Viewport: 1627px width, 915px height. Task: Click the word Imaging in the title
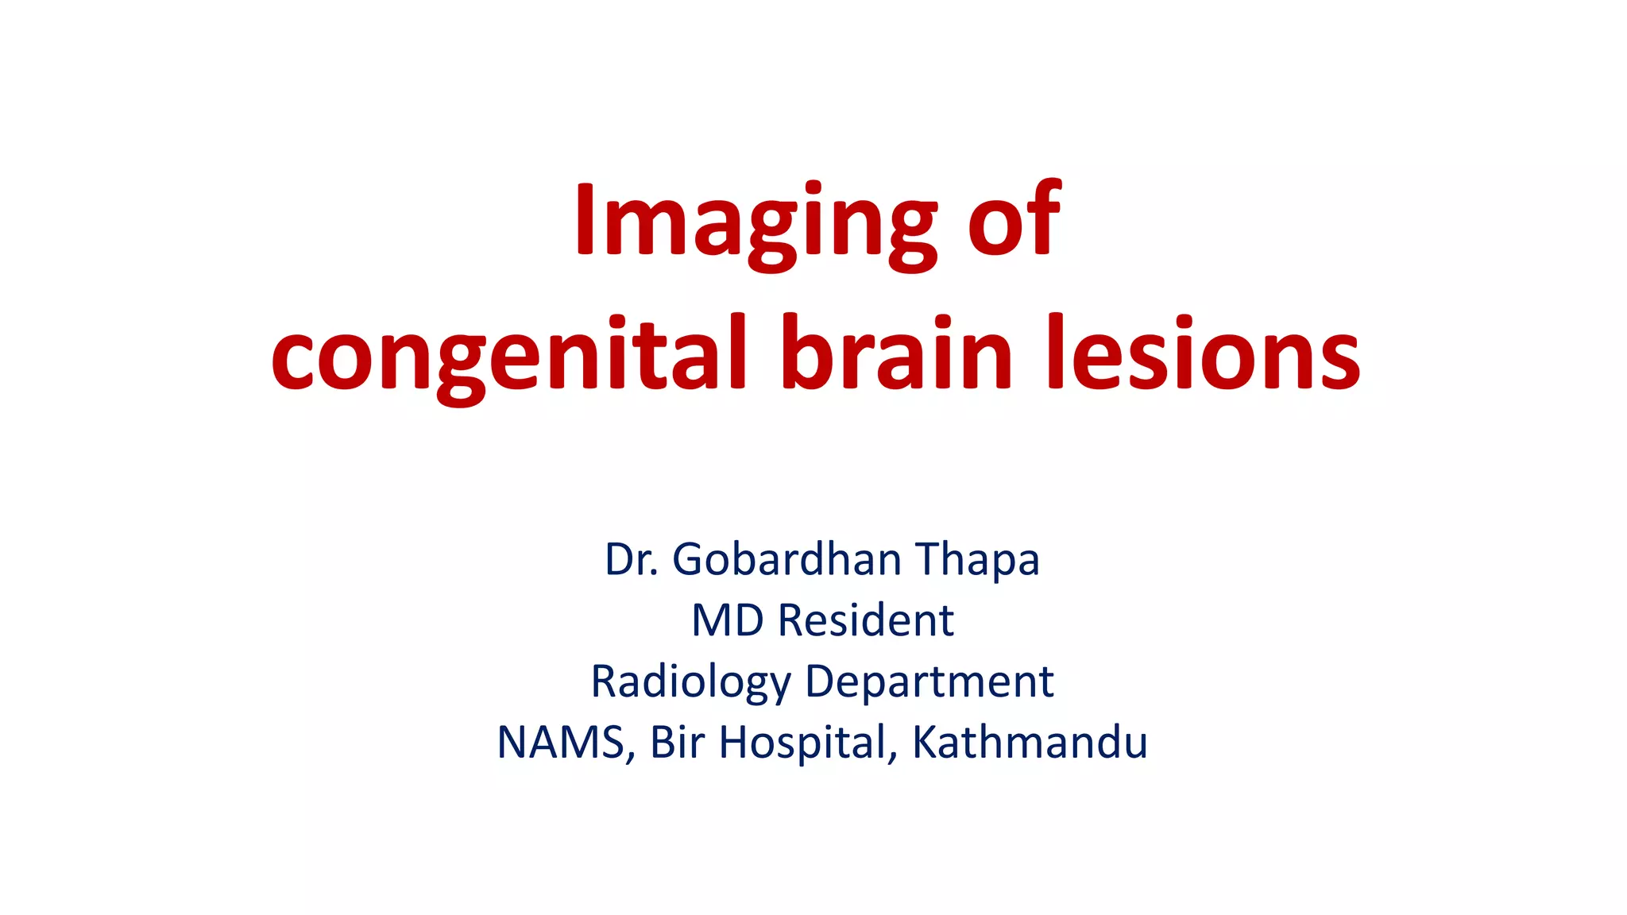click(755, 222)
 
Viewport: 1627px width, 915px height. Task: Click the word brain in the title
click(896, 353)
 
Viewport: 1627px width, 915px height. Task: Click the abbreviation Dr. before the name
click(632, 559)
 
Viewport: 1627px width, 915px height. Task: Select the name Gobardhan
click(786, 559)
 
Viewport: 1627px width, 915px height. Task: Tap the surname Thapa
click(977, 561)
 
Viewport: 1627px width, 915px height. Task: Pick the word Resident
click(865, 620)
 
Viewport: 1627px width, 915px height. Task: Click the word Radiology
click(691, 682)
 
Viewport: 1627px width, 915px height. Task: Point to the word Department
click(929, 682)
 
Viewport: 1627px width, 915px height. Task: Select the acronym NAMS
click(561, 743)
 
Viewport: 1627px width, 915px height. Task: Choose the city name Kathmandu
click(1029, 743)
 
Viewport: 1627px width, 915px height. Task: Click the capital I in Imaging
click(585, 220)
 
